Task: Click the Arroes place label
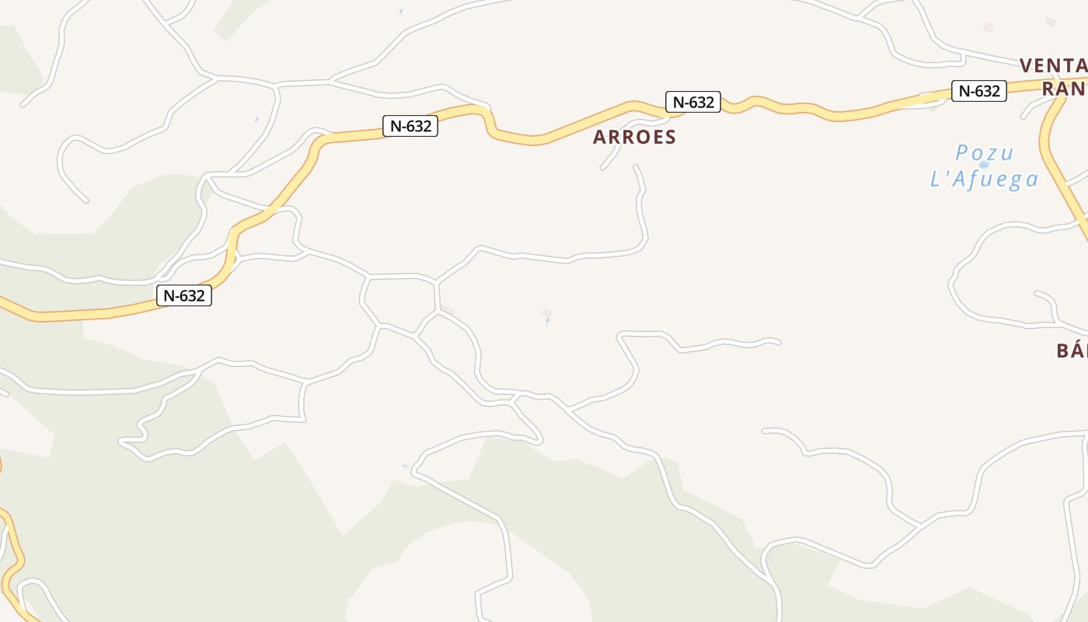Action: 634,137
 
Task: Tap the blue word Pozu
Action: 984,152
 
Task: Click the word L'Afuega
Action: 984,180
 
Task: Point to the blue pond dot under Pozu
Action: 984,165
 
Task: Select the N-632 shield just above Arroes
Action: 692,102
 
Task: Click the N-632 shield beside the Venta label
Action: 978,91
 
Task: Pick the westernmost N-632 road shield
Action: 184,295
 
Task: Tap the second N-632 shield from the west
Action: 410,125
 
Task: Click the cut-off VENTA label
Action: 1053,65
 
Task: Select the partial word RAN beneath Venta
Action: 1064,89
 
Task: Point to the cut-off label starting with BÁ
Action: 1071,351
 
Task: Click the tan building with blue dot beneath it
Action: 547,313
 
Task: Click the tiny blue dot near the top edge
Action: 401,11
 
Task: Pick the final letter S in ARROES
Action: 670,138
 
